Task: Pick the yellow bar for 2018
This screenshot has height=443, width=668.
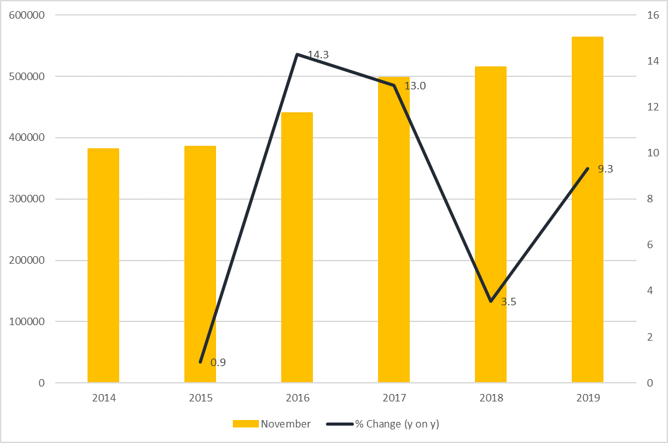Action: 490,224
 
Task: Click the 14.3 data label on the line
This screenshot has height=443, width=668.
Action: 318,55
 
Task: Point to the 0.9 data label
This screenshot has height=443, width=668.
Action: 218,362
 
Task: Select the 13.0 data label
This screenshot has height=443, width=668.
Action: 415,86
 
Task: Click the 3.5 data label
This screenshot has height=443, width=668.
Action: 508,302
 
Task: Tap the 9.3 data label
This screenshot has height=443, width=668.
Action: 605,169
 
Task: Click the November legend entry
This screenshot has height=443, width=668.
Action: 286,424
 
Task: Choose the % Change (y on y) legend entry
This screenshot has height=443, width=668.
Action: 397,424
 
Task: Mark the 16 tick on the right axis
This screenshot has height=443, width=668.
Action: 652,16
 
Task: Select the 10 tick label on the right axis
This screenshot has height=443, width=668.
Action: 652,153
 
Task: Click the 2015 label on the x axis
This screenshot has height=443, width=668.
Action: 200,398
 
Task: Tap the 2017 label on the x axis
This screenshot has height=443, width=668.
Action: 394,398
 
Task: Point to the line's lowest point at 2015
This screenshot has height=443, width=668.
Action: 201,362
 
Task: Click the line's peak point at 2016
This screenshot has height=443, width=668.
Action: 297,55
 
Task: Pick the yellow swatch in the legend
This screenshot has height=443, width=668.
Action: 245,424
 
